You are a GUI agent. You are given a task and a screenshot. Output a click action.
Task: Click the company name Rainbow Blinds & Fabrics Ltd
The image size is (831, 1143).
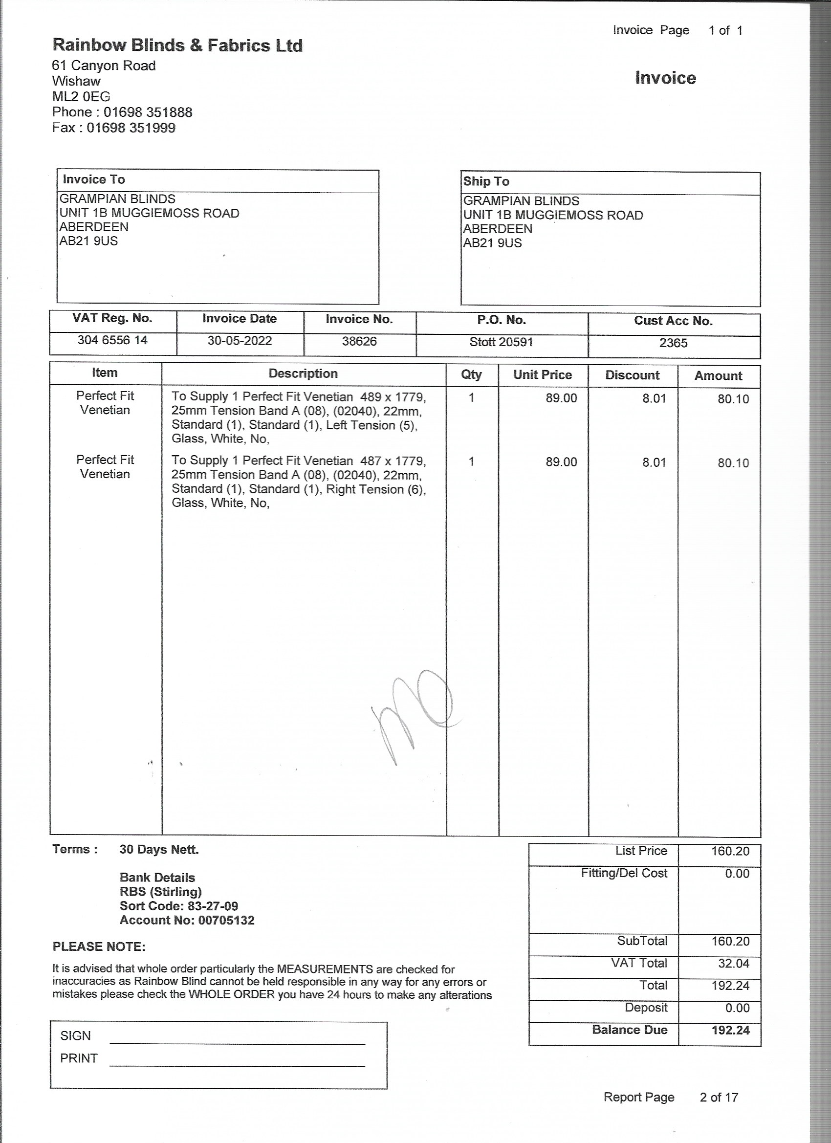(x=177, y=46)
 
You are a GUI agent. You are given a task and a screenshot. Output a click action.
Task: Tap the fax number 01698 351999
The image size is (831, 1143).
(x=131, y=128)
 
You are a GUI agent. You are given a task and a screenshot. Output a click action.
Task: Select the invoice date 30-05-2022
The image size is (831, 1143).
(x=240, y=341)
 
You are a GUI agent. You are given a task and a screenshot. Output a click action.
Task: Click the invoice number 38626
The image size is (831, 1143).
(x=359, y=342)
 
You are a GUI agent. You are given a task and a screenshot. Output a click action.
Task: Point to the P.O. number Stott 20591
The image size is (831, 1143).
(x=501, y=342)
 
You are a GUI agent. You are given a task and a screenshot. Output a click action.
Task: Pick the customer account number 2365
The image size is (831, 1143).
(x=673, y=343)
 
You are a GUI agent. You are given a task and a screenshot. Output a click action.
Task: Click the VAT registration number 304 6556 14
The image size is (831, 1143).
(x=112, y=340)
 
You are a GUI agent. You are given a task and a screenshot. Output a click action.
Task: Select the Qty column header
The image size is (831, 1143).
(x=471, y=374)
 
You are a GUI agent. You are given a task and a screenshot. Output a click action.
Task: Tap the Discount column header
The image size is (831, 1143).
(x=632, y=375)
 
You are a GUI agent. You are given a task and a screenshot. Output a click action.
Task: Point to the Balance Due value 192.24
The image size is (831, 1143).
(x=730, y=1030)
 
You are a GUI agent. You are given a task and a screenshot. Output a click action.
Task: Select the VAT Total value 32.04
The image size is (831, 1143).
(x=734, y=964)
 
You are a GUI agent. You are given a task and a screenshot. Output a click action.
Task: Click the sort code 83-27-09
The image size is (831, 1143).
(x=213, y=906)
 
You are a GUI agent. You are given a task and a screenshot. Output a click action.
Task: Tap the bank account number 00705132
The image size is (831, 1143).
(x=226, y=920)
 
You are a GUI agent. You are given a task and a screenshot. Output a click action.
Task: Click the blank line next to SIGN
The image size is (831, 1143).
(x=237, y=1043)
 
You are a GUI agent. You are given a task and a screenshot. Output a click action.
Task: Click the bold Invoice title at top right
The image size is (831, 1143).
(x=665, y=78)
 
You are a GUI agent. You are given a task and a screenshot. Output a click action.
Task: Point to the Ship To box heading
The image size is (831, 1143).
(x=486, y=181)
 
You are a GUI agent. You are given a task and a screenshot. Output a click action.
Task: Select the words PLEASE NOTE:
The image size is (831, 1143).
(x=99, y=947)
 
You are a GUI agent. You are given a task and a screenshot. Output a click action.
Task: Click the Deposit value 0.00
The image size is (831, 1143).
(x=737, y=1008)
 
